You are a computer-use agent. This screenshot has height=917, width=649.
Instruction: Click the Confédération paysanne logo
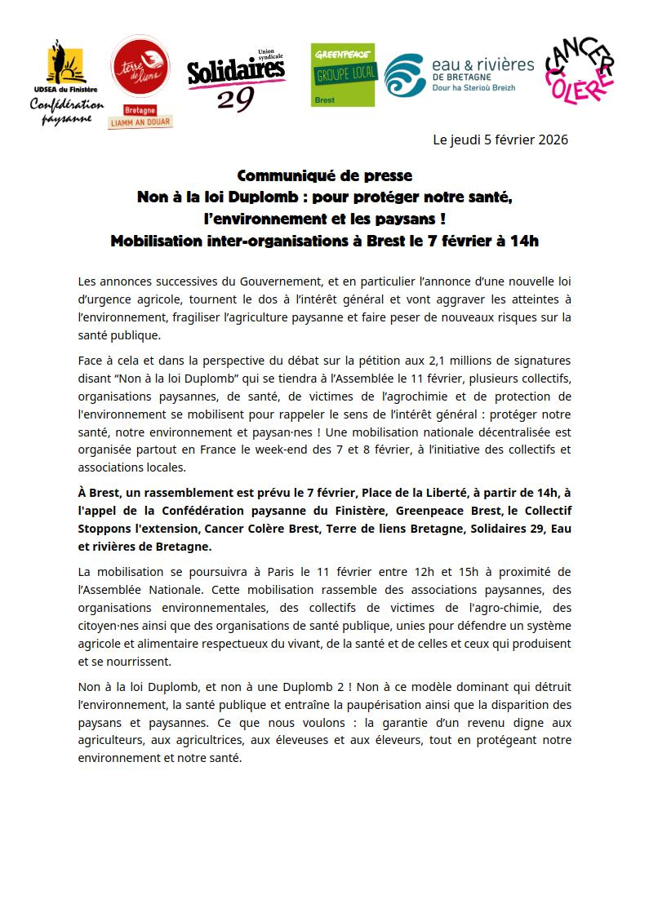pyautogui.click(x=67, y=82)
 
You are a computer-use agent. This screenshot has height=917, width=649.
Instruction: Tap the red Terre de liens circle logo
pyautogui.click(x=140, y=64)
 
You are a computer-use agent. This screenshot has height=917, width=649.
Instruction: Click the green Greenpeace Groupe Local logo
pyautogui.click(x=343, y=74)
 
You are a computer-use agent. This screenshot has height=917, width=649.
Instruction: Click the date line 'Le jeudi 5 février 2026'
pyautogui.click(x=500, y=140)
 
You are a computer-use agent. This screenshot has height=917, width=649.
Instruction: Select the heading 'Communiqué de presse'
pyautogui.click(x=324, y=175)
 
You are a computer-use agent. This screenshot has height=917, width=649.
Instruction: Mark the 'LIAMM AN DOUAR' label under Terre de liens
pyautogui.click(x=140, y=122)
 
